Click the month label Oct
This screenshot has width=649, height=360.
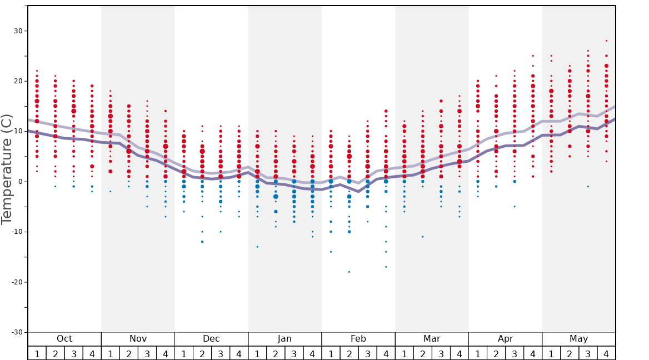point(64,339)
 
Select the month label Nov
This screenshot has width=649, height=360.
point(138,339)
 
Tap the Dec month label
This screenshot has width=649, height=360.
point(211,339)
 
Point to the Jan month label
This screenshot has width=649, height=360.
point(284,339)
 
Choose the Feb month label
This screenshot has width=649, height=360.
point(358,339)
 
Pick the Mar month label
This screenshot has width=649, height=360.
point(432,339)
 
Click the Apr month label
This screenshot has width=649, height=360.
point(505,339)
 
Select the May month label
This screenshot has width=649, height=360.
point(578,339)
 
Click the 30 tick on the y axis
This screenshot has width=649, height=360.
point(17,31)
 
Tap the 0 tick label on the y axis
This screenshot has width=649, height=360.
point(19,182)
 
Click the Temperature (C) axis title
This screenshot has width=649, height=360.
point(7,169)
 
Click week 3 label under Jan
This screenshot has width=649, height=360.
point(294,353)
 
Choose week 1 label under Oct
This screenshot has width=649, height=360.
point(37,353)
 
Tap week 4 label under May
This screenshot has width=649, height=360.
point(606,353)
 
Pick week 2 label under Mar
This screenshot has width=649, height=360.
point(422,353)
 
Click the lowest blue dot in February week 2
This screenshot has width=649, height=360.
point(349,272)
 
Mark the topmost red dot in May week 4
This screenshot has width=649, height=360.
point(606,41)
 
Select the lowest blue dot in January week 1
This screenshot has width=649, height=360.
point(257,247)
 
